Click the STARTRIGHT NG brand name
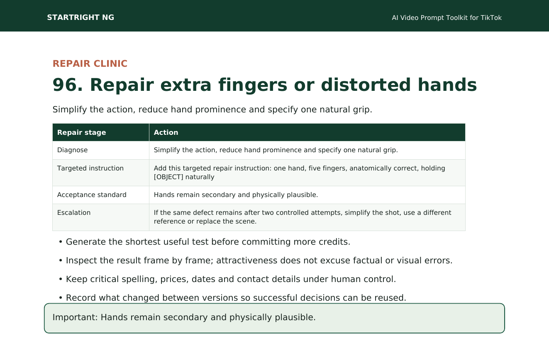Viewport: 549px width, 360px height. (81, 17)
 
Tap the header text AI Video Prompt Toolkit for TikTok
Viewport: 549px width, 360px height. (447, 18)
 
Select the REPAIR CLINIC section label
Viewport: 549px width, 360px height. (90, 64)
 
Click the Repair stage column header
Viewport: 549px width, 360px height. (82, 132)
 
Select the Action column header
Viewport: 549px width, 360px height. (166, 132)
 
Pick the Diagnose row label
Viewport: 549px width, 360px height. (72, 150)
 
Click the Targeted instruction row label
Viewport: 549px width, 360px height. (90, 168)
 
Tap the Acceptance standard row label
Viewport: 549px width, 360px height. (92, 195)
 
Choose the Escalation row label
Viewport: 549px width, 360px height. (74, 213)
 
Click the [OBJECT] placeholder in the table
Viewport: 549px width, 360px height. (168, 177)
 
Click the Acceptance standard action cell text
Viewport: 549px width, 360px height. (236, 195)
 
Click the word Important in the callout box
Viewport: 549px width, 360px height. (75, 317)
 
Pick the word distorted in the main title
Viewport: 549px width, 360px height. (366, 85)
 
